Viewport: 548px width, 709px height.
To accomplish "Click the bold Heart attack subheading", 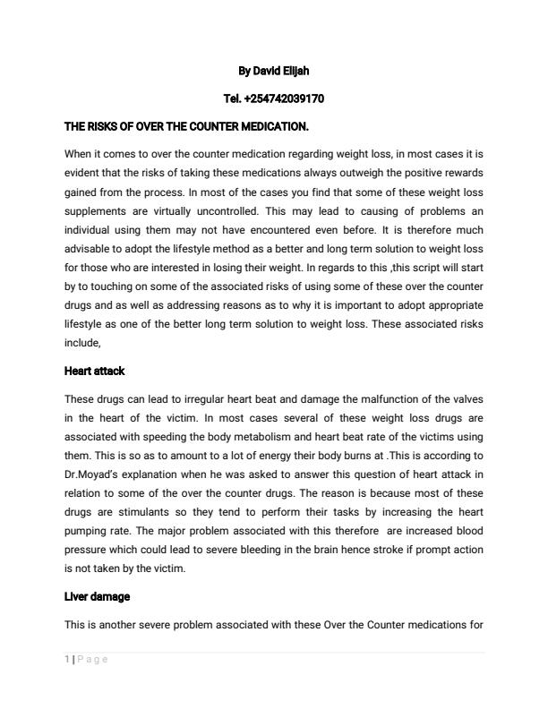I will [x=94, y=371].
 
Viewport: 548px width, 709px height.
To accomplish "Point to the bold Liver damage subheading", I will [x=98, y=596].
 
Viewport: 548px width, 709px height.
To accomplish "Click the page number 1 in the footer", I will [x=67, y=660].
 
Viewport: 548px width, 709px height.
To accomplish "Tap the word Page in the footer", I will [x=92, y=660].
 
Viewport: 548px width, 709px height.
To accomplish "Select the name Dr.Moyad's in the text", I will [x=93, y=474].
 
